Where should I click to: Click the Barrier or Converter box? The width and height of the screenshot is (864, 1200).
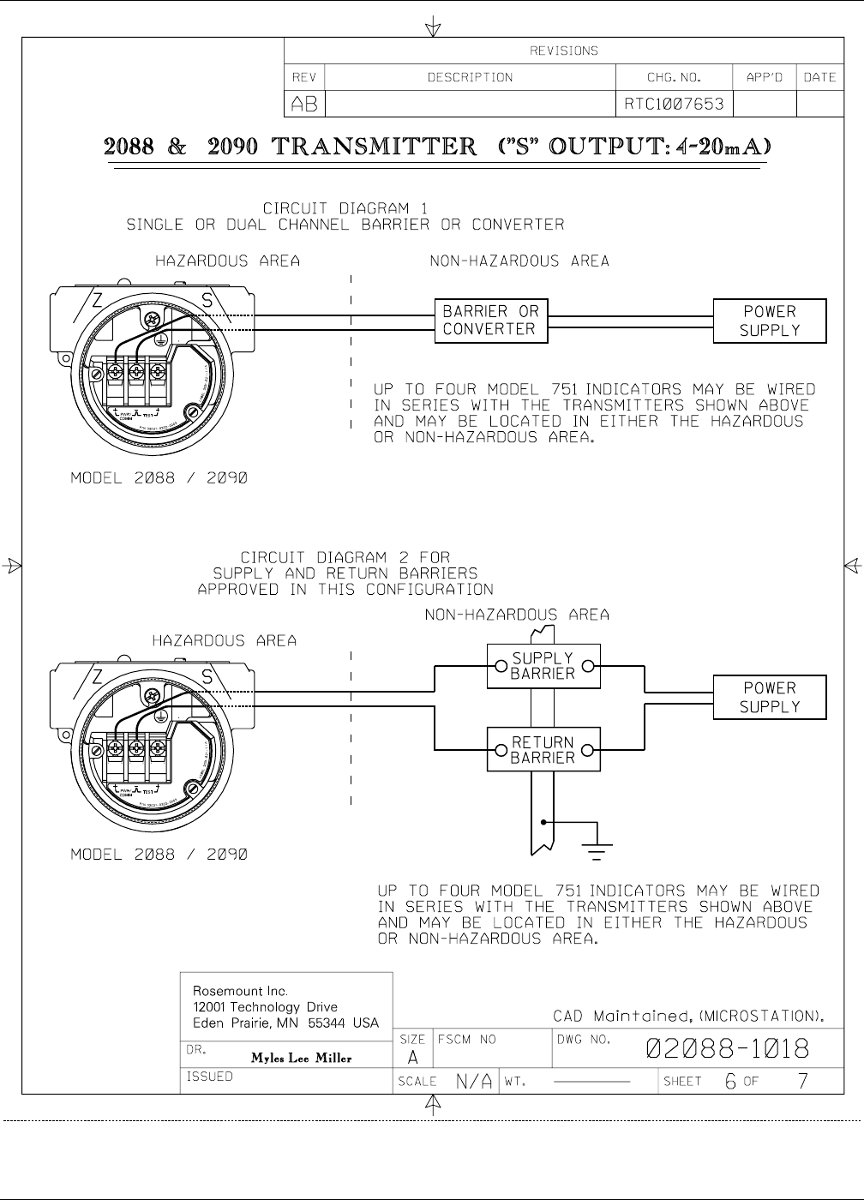(490, 321)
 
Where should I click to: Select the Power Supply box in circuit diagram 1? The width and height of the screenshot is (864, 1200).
(770, 321)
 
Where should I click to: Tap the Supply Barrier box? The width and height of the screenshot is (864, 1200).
(543, 666)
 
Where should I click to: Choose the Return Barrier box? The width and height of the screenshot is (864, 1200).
(543, 750)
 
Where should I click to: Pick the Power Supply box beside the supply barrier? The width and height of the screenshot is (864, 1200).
(770, 697)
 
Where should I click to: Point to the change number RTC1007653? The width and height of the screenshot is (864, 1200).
(674, 104)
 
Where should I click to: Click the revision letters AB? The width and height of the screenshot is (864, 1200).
(304, 104)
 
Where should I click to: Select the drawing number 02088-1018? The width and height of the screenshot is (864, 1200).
(727, 1048)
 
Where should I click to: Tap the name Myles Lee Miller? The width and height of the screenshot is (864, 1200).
(301, 1058)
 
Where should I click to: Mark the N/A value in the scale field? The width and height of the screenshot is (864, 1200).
(474, 1082)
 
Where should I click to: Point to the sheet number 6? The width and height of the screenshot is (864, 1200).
(730, 1082)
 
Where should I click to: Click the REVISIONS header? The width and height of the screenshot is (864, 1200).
(564, 51)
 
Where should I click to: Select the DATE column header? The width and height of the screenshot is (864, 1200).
(819, 77)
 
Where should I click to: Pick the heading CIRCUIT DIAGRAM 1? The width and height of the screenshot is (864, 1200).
(345, 208)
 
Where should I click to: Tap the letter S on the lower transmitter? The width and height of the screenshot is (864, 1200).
(206, 678)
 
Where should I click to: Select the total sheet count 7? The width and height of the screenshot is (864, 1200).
(802, 1082)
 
